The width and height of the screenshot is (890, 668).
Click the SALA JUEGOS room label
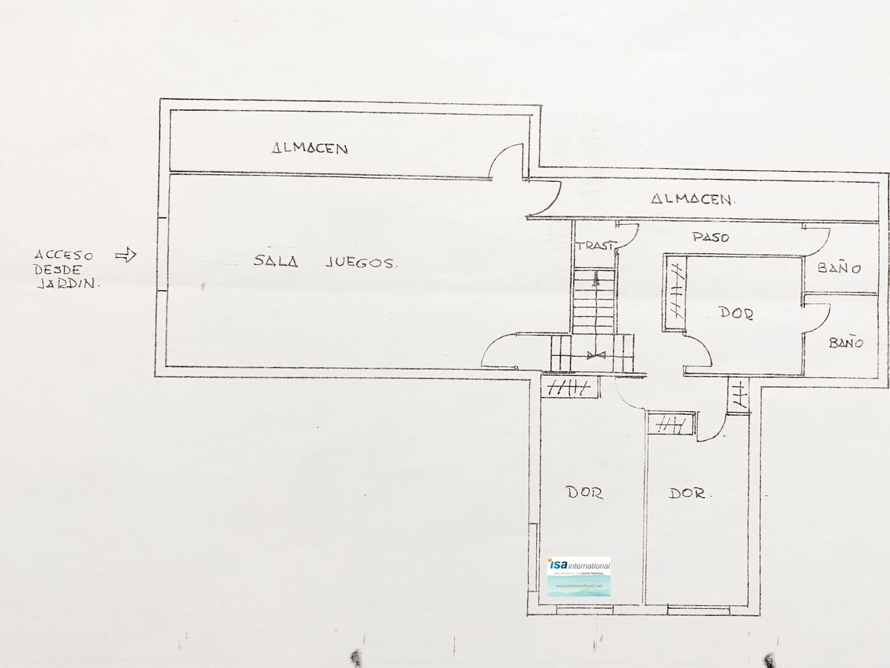(x=325, y=262)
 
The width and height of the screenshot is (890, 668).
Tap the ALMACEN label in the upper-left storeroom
(x=310, y=149)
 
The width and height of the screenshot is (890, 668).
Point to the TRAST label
(x=595, y=245)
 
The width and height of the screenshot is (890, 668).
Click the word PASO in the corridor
(x=710, y=238)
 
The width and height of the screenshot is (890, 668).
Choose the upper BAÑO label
(x=839, y=268)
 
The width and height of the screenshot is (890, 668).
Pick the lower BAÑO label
(x=845, y=343)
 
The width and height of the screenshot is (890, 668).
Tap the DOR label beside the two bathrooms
(x=736, y=313)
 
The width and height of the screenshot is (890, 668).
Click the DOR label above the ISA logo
(x=584, y=492)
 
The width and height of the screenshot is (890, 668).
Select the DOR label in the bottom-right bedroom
(x=687, y=493)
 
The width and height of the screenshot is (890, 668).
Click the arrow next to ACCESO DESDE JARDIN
(x=126, y=256)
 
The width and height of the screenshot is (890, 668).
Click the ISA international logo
(x=579, y=566)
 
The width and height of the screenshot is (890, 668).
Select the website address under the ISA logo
(x=579, y=586)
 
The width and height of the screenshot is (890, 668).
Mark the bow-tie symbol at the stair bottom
(x=596, y=355)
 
